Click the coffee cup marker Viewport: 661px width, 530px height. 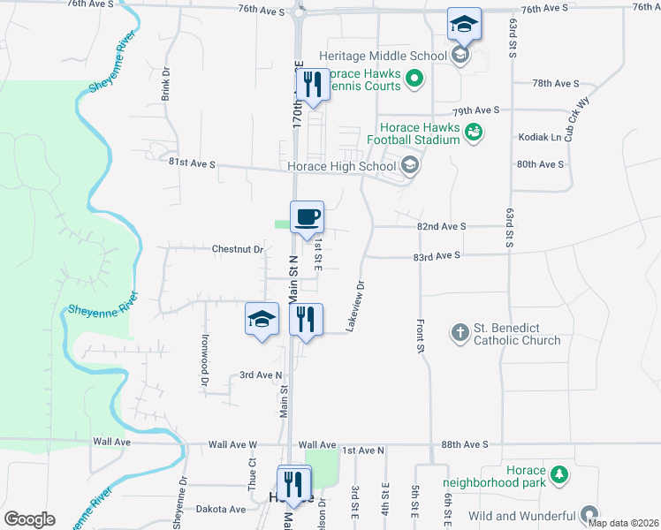coord(307,217)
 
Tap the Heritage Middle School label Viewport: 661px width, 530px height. coord(383,56)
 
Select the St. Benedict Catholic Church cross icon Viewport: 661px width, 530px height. coord(460,332)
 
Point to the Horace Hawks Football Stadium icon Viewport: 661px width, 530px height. coord(475,132)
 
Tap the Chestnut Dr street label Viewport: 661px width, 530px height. coord(238,249)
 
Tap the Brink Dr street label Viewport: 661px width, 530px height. coord(165,82)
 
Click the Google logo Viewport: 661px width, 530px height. coord(29,519)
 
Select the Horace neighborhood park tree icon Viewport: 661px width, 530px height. coord(558,476)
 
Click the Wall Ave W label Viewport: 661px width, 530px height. coord(232,444)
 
